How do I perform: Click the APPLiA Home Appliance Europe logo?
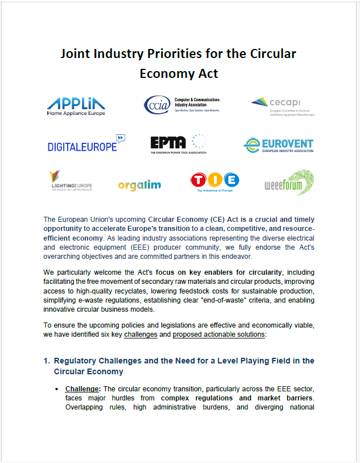tap(76, 106)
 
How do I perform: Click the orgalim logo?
tap(139, 185)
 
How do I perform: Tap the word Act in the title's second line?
tap(207, 74)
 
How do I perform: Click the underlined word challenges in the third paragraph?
tap(140, 334)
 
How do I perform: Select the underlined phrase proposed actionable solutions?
tap(219, 334)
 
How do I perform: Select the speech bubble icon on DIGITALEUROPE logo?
tap(120, 138)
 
